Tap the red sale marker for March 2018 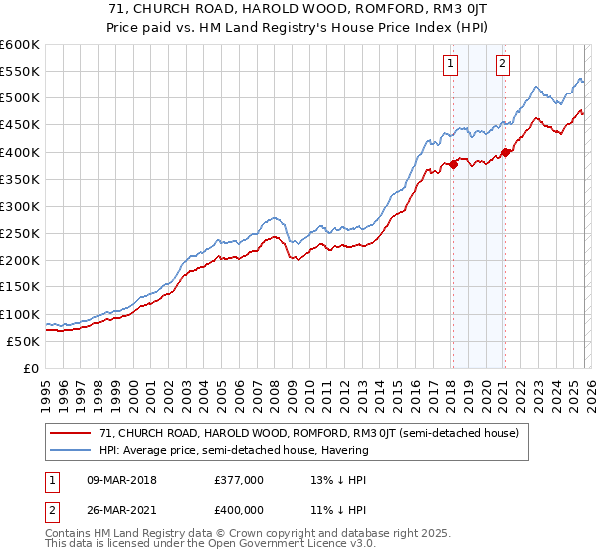tap(452, 164)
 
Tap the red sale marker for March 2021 tap(505, 152)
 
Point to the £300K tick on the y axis tap(20, 206)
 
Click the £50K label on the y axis tap(23, 341)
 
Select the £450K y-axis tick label tap(20, 125)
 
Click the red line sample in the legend tap(70, 433)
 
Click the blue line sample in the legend tap(70, 450)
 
